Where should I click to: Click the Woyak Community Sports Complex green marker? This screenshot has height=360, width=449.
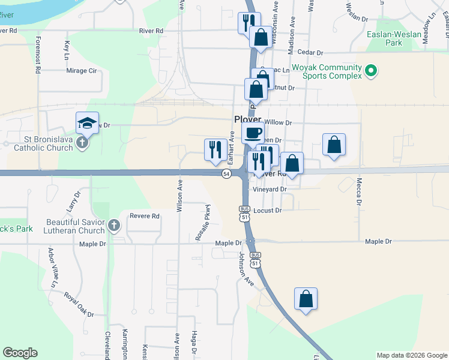(x=371, y=71)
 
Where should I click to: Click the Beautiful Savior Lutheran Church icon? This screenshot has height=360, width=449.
(x=115, y=226)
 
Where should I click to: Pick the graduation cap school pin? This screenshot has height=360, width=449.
(x=87, y=124)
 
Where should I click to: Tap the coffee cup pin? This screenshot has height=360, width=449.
(x=253, y=133)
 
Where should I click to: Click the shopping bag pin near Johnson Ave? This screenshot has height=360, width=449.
(x=306, y=299)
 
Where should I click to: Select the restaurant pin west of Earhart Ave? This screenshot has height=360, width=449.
(x=215, y=150)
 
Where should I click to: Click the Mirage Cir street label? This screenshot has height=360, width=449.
(x=81, y=70)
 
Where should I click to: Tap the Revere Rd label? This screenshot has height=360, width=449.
(x=146, y=216)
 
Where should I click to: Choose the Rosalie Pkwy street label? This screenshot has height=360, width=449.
(x=208, y=223)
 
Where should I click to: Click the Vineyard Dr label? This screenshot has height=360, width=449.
(x=270, y=189)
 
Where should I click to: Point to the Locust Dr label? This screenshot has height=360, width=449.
(x=267, y=211)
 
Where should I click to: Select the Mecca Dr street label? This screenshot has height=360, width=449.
(x=360, y=191)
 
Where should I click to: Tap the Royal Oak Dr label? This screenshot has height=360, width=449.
(x=79, y=305)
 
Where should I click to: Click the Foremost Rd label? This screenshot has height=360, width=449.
(x=38, y=55)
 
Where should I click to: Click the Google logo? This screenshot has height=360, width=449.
(x=20, y=353)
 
